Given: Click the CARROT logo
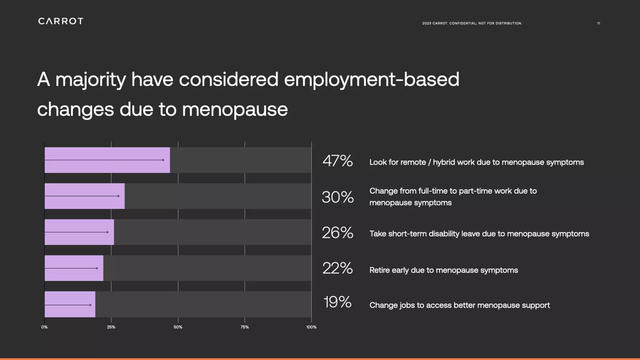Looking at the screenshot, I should [61, 21].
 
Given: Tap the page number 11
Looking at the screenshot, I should [598, 23].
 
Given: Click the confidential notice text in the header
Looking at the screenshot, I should [472, 23].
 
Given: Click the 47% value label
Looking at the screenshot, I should [337, 161].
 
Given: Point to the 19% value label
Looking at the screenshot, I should [337, 302].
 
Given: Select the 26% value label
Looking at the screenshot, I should [337, 233].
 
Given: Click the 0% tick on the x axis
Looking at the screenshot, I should [44, 327].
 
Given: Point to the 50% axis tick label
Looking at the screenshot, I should [178, 327].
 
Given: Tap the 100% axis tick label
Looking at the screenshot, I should [311, 327].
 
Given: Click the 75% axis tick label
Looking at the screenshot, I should [245, 327].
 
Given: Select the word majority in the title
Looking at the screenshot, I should [91, 80].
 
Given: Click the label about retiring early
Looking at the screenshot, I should [443, 270].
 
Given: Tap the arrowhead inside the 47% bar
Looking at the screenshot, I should [163, 160].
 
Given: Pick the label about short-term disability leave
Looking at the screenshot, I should [479, 234].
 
